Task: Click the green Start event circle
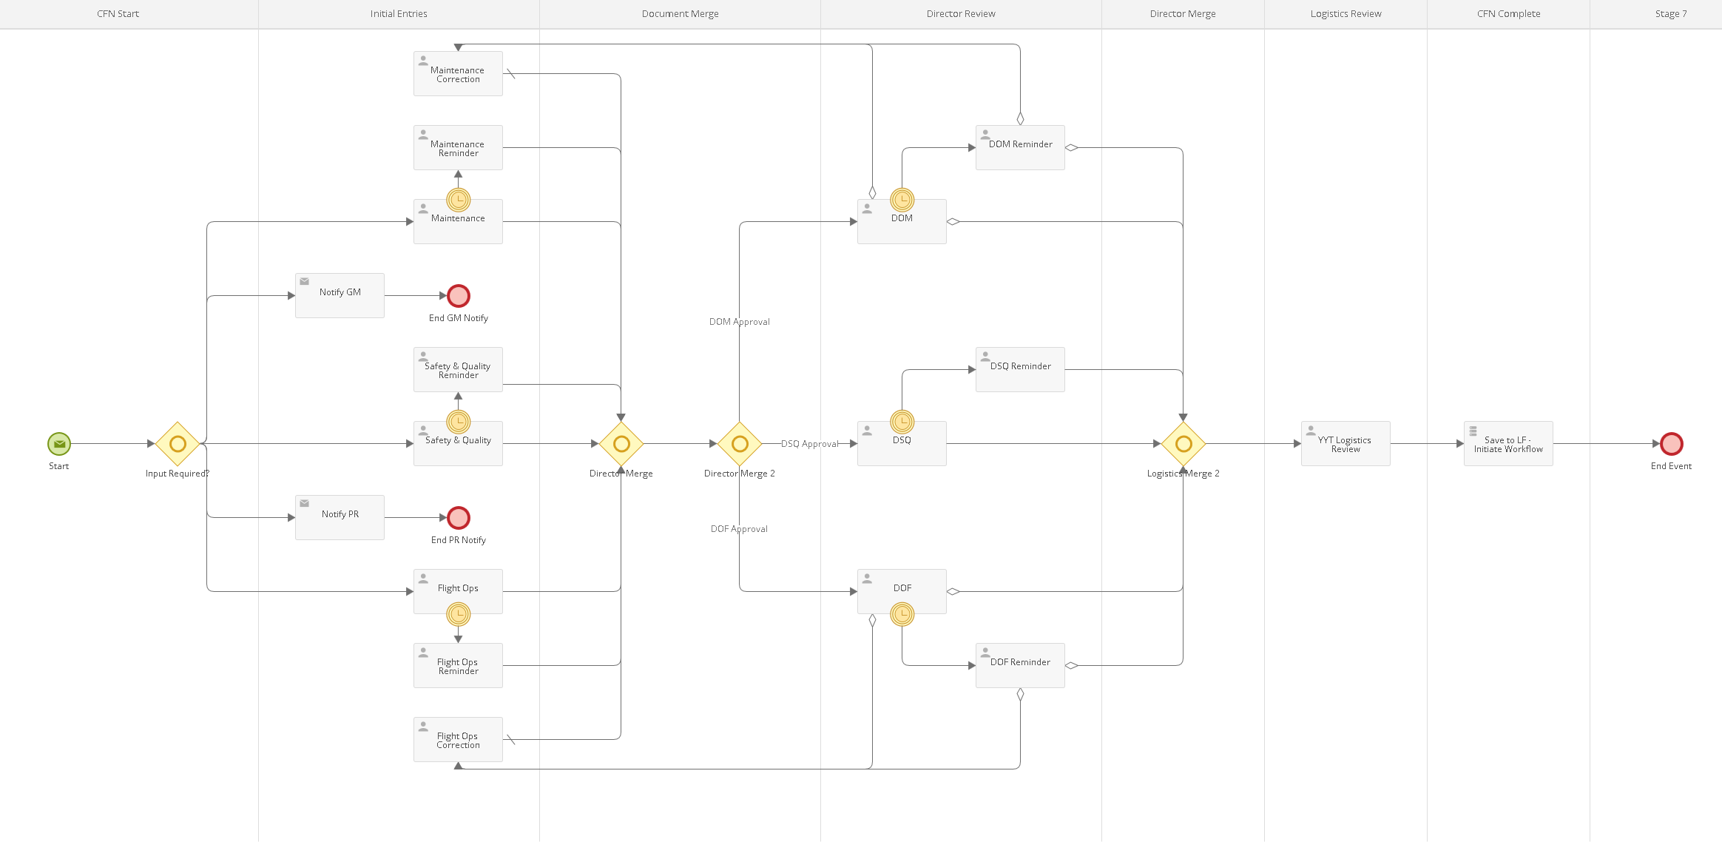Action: pyautogui.click(x=59, y=444)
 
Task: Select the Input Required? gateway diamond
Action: pyautogui.click(x=178, y=444)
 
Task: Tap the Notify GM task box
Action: pyautogui.click(x=340, y=295)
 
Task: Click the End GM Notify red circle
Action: pyautogui.click(x=459, y=296)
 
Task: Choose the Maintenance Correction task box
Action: pyautogui.click(x=458, y=73)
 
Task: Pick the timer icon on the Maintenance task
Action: pyautogui.click(x=459, y=200)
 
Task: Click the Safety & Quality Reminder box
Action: pyautogui.click(x=458, y=369)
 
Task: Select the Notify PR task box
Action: pyautogui.click(x=340, y=517)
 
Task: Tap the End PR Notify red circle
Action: pyautogui.click(x=459, y=518)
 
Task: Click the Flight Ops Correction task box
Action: pyautogui.click(x=458, y=739)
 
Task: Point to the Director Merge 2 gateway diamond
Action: pyautogui.click(x=740, y=444)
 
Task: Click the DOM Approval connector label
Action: pyautogui.click(x=740, y=322)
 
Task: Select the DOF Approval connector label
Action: pyautogui.click(x=739, y=529)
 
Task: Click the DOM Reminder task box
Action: pyautogui.click(x=1020, y=147)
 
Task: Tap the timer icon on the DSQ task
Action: pyautogui.click(x=902, y=422)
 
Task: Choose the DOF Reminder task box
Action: pyautogui.click(x=1020, y=665)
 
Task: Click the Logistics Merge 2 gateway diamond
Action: pyautogui.click(x=1184, y=444)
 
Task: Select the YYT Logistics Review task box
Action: pyautogui.click(x=1345, y=443)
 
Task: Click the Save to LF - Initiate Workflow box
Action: pyautogui.click(x=1508, y=443)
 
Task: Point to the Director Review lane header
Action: pyautogui.click(x=961, y=14)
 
